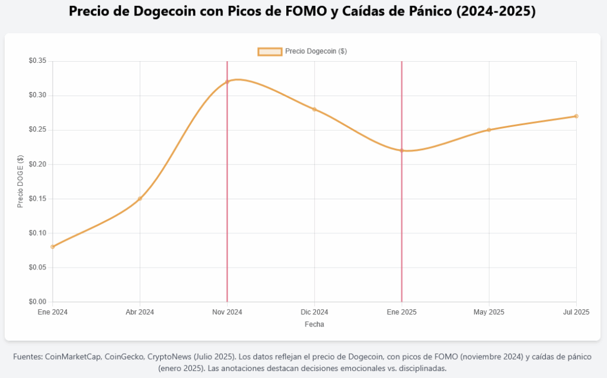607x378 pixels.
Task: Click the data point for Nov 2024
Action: [227, 82]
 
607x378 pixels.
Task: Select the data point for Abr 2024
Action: [140, 199]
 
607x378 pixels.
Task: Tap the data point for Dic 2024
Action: [314, 109]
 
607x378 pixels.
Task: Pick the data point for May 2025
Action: [489, 130]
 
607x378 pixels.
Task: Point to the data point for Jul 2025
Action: [576, 116]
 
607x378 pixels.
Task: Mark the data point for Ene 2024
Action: [53, 246]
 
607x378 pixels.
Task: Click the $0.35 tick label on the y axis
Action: [37, 61]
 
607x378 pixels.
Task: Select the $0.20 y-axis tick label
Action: [37, 164]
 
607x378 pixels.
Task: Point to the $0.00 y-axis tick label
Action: [37, 301]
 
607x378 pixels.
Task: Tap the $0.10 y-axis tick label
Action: [37, 233]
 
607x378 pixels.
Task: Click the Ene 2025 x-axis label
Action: [402, 312]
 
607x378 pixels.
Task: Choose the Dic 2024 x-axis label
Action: [314, 312]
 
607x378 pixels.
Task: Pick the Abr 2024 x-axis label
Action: [140, 312]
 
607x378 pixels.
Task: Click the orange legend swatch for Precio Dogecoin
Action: [270, 52]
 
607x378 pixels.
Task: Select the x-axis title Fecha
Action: [314, 325]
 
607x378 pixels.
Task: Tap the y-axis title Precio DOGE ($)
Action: [21, 181]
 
